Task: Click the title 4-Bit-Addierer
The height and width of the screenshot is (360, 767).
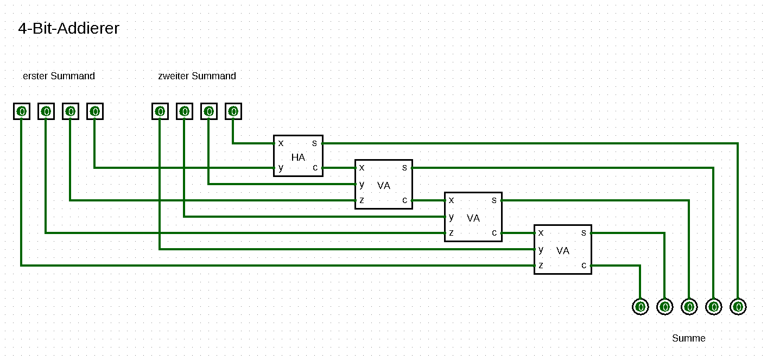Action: tap(68, 28)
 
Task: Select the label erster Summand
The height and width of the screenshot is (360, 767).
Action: tap(59, 76)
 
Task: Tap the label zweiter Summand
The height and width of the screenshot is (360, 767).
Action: tap(197, 76)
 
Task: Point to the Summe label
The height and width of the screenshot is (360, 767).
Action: tap(688, 338)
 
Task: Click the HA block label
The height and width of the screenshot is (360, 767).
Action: tap(298, 157)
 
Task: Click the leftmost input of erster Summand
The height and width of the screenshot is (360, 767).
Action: tap(22, 111)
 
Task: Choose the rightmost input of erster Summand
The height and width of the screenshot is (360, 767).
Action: tap(95, 111)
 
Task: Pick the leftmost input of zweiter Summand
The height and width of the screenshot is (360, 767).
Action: tap(160, 111)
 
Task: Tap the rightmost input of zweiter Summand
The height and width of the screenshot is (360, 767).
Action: tap(233, 111)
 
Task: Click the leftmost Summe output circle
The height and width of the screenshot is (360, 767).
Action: tap(641, 307)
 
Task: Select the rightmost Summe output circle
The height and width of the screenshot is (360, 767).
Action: tap(738, 307)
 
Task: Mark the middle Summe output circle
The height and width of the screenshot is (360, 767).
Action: tap(689, 307)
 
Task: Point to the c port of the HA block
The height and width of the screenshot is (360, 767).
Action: tap(315, 168)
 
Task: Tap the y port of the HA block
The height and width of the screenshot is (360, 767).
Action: tap(281, 168)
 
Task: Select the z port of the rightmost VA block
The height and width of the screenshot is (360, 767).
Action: tap(541, 266)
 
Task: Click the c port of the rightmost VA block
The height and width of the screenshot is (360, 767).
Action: tap(584, 266)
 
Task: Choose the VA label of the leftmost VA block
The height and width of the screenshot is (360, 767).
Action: tap(384, 186)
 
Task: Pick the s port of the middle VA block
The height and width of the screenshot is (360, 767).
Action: tap(495, 200)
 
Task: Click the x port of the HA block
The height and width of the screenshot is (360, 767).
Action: tap(281, 143)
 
